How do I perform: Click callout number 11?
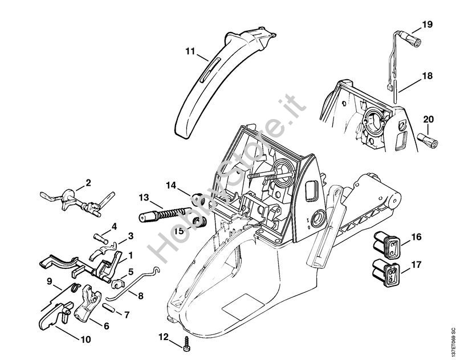190,51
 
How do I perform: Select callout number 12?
164,337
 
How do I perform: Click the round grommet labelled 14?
198,200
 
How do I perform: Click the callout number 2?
88,183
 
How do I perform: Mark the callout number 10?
85,340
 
